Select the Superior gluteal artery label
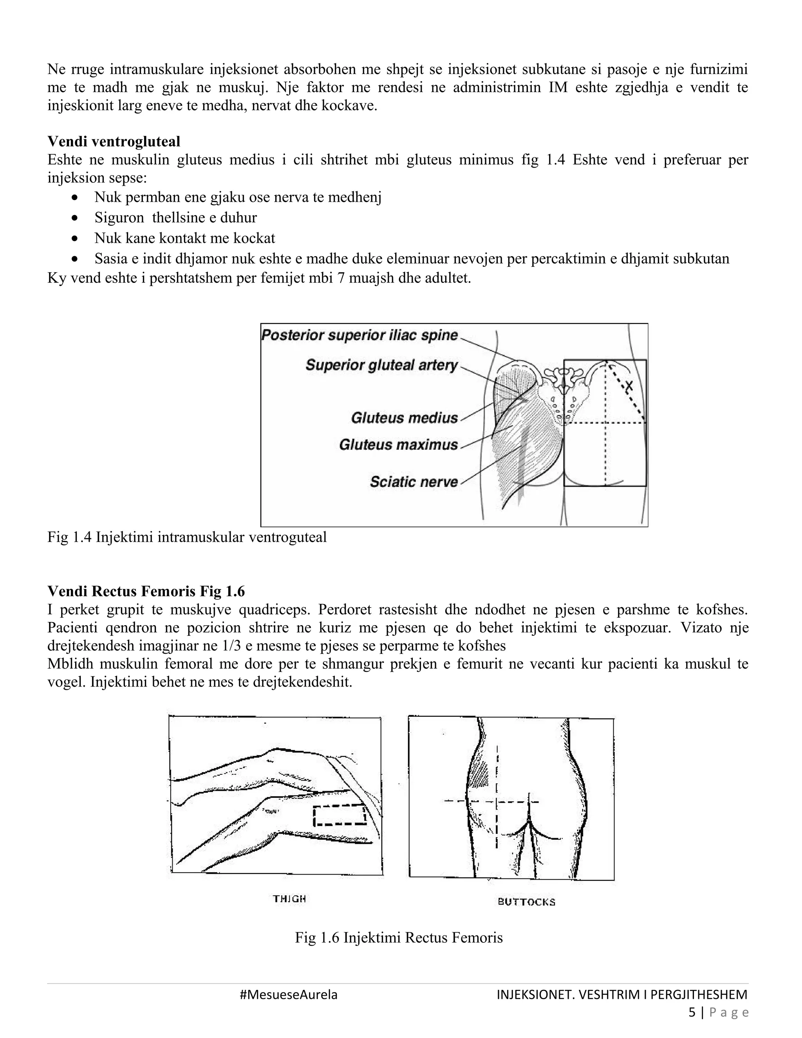(x=381, y=365)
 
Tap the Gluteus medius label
(x=404, y=418)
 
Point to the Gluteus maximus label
(x=398, y=445)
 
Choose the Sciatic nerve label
(x=414, y=482)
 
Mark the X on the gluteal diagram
(x=629, y=386)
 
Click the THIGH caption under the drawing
(x=289, y=899)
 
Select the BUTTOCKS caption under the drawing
(x=526, y=902)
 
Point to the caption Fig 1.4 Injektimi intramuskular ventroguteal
(x=187, y=537)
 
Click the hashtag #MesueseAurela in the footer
(x=289, y=994)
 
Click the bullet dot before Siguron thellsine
(x=74, y=218)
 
